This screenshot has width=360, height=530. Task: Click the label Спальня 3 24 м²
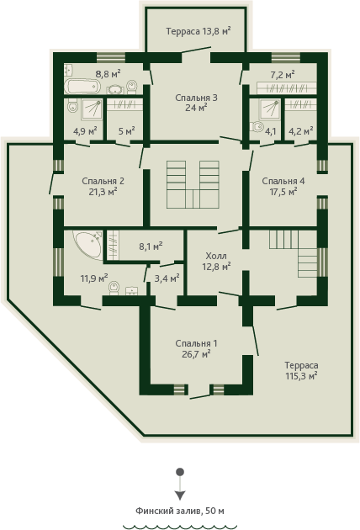coord(196,103)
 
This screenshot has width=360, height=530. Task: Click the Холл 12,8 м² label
coord(216,261)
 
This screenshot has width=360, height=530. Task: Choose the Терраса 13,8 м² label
coord(199,31)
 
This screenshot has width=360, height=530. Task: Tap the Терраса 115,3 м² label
coord(301,370)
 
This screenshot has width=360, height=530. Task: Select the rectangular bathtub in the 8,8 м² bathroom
coord(82,86)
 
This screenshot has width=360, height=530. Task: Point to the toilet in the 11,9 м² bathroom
coord(114,288)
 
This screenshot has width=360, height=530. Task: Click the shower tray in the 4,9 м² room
coord(92,109)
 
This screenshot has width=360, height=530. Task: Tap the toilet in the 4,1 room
coord(257,126)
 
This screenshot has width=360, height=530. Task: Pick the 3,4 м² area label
coord(167,278)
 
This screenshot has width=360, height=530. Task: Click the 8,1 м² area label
coord(151,246)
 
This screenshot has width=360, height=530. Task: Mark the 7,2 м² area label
coord(283,74)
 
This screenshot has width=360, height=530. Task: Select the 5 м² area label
coord(127,130)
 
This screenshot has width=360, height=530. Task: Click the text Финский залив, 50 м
coord(180,511)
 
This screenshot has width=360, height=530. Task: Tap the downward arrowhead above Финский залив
coord(180,496)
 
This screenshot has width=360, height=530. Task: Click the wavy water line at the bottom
coord(180,527)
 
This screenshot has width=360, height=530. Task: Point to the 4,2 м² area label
coord(300,130)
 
